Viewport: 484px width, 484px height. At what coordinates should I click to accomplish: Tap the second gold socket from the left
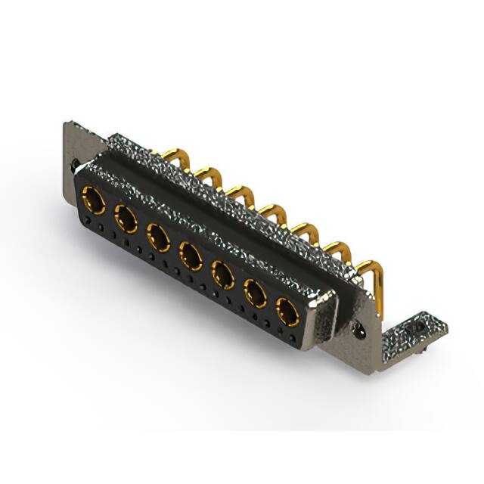[x=126, y=220]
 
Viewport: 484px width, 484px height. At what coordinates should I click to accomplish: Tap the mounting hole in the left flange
[x=75, y=162]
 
